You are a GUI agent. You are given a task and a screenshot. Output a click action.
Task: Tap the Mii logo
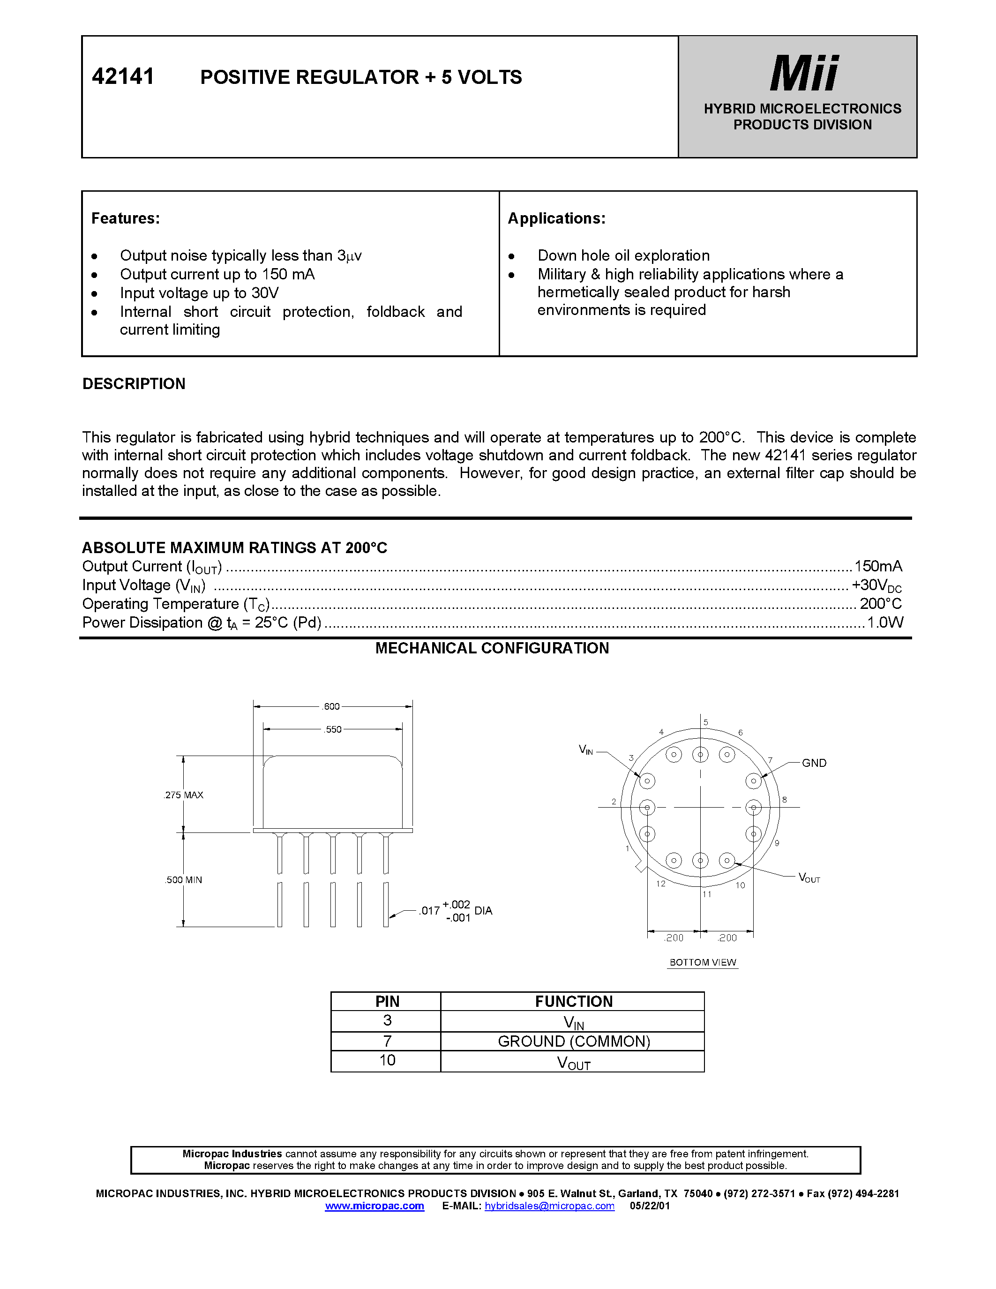click(804, 73)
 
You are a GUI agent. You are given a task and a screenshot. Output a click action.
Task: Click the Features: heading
click(125, 218)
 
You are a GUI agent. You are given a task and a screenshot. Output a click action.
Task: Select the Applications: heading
click(556, 218)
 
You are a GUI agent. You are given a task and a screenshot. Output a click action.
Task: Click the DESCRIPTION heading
click(134, 383)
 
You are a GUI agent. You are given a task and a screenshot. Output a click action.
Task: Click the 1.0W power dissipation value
click(884, 622)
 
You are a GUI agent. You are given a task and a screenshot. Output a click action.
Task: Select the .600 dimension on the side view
click(331, 706)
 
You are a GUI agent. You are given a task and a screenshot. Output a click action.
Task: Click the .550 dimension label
click(333, 729)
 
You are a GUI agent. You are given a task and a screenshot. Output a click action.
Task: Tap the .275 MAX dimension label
click(184, 795)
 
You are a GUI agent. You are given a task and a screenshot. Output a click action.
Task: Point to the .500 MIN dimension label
click(184, 879)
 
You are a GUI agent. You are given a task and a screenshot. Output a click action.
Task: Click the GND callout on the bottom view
click(814, 763)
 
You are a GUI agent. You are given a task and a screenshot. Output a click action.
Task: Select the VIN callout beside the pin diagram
click(585, 750)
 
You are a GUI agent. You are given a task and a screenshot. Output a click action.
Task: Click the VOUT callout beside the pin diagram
click(809, 877)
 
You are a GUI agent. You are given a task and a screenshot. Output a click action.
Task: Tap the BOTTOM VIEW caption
click(702, 962)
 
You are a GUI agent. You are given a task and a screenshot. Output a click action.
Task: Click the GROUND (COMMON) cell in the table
click(574, 1041)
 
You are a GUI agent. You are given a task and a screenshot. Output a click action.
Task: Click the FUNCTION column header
click(574, 1002)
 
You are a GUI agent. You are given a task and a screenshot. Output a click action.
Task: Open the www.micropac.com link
click(374, 1206)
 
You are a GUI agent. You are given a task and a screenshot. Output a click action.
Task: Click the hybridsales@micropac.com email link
click(549, 1206)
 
